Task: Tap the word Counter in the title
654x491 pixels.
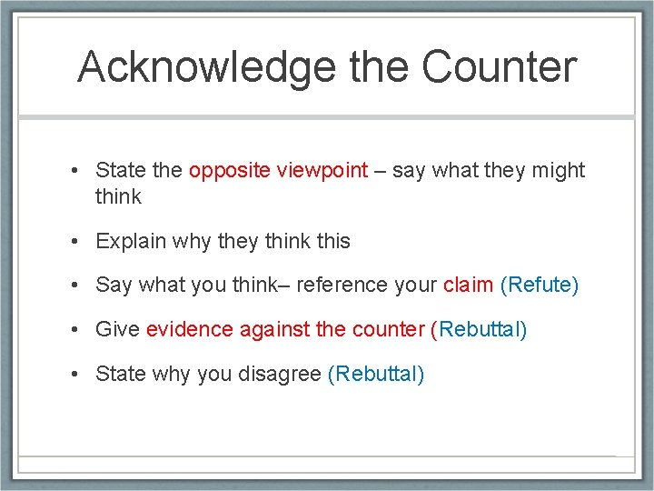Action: pos(499,67)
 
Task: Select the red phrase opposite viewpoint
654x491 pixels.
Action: pos(278,170)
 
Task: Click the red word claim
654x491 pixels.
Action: pos(468,285)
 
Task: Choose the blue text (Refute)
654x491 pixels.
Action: pos(540,285)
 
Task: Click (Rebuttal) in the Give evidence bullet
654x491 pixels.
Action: pos(479,329)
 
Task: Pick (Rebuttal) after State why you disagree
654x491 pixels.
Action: pos(375,373)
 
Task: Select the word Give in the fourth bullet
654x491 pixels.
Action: pos(117,329)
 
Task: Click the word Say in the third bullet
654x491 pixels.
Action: pos(114,285)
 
